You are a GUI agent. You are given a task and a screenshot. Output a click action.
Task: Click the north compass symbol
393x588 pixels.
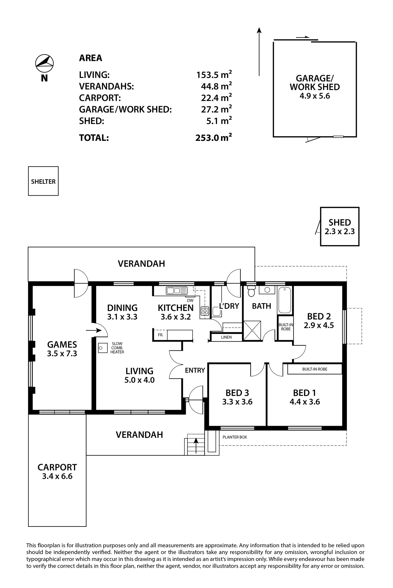point(44,63)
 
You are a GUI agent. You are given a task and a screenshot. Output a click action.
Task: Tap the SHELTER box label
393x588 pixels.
point(43,181)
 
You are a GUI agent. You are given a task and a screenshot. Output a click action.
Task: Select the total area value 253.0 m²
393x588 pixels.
point(214,137)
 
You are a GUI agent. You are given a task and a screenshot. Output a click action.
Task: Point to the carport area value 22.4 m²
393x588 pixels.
point(216,98)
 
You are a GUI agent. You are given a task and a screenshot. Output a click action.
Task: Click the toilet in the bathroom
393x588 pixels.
point(251,291)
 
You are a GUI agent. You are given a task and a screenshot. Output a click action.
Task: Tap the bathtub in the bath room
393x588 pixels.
point(285,300)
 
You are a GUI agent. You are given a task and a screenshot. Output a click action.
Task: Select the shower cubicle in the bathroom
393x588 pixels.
point(252,331)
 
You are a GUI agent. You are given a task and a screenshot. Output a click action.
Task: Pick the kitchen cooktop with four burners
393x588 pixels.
point(205,311)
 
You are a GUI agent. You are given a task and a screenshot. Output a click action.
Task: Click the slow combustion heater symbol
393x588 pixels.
point(103,348)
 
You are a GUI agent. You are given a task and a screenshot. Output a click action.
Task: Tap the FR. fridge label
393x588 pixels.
point(160,335)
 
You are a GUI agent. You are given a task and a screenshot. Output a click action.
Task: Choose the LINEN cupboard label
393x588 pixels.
point(226,337)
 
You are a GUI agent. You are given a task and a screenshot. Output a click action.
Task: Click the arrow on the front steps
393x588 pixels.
point(196,446)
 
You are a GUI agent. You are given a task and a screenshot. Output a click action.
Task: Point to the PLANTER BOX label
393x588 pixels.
point(235,437)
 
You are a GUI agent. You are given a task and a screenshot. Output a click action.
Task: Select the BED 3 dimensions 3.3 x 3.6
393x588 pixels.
point(237,402)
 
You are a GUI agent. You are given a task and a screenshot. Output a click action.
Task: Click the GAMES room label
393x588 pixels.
point(62,345)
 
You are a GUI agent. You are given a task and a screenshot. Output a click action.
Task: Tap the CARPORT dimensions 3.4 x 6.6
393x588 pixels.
point(57,476)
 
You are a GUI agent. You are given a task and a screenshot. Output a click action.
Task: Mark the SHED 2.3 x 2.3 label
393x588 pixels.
point(340,227)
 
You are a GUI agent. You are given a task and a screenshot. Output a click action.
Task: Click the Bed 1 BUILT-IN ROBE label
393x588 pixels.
point(315,369)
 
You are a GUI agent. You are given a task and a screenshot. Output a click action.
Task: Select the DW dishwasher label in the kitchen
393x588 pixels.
point(190,300)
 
